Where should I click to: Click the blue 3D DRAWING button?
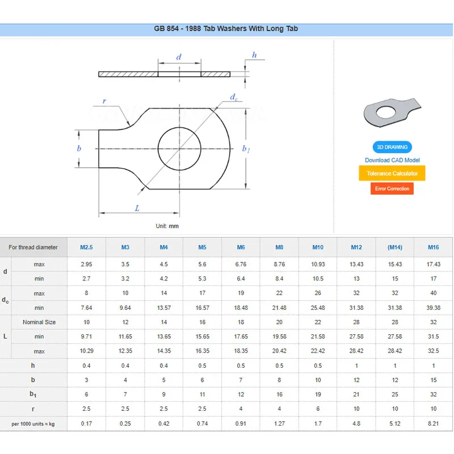coord(392,147)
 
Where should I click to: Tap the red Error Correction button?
coord(392,188)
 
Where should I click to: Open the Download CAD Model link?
coord(392,160)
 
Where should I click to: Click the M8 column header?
coord(279,247)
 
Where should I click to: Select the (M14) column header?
coord(395,247)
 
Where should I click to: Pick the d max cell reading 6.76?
coord(241,264)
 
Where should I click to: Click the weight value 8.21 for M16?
coord(434,423)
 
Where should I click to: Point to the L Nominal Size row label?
coord(39,322)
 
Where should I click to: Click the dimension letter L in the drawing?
coord(137,208)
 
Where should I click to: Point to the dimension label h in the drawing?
coord(254,55)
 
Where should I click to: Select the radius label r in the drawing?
coord(104,101)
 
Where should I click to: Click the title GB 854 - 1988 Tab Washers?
coord(226,28)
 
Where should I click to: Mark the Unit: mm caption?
coord(167,226)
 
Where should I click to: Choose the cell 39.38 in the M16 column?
coord(434,308)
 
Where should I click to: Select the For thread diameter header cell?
coord(33,247)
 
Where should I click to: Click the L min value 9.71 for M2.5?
coord(86,337)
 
